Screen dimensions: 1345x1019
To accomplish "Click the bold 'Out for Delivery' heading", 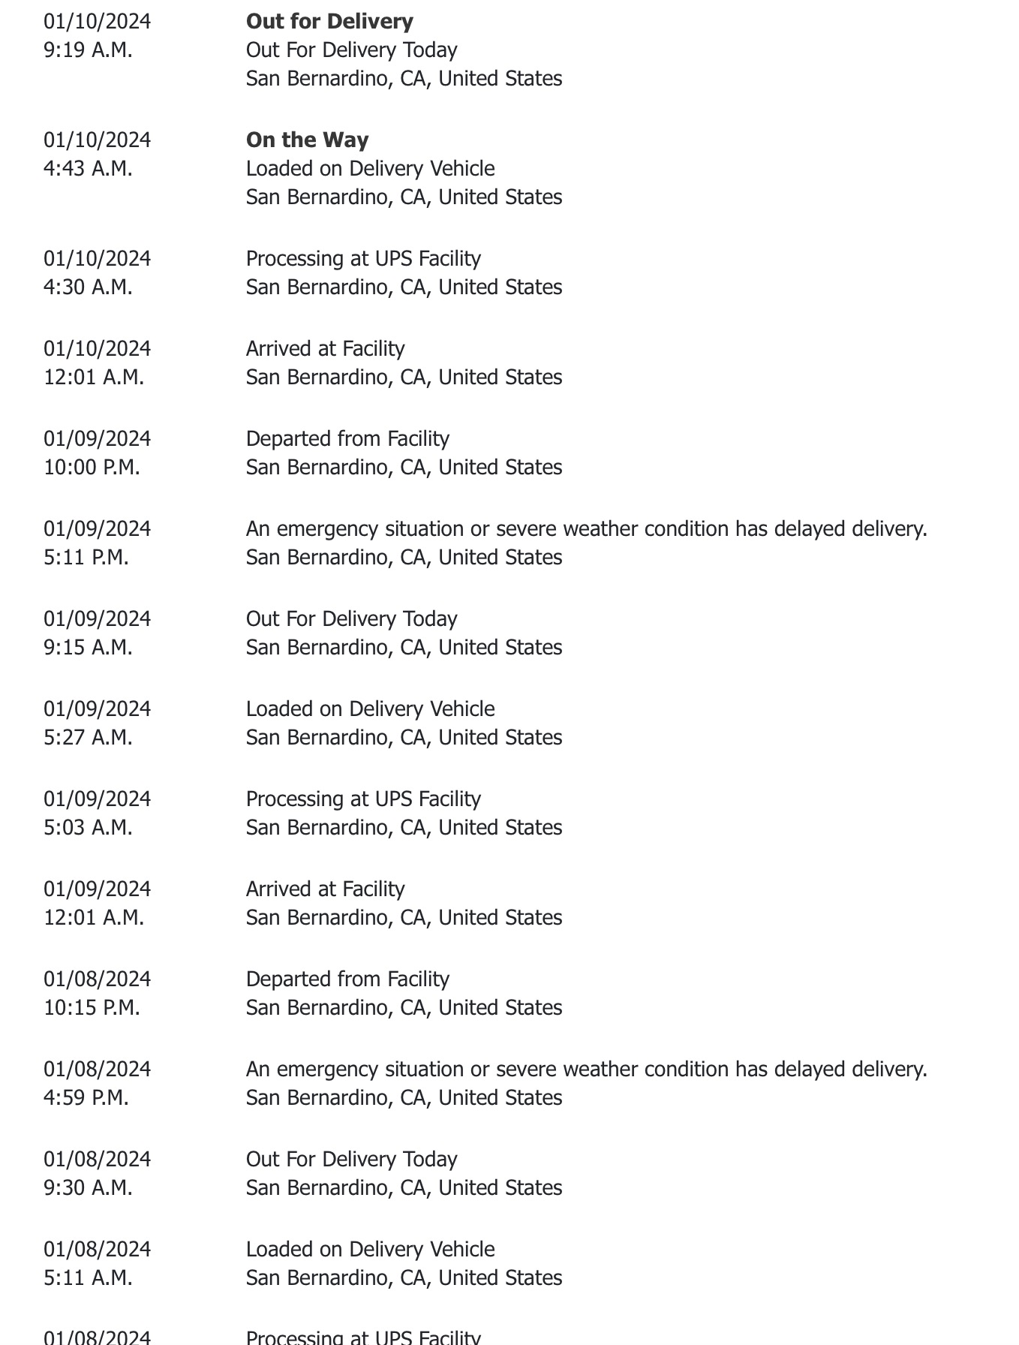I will tap(329, 21).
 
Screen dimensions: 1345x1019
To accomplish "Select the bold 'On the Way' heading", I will tap(307, 140).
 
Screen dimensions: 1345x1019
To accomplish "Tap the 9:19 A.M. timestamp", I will tap(88, 50).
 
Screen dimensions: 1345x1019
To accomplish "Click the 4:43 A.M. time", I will tap(88, 168).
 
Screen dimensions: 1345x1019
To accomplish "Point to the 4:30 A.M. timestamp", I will tap(88, 287).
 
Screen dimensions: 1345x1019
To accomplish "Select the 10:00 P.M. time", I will tap(92, 467).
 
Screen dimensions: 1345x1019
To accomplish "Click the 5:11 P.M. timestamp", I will tap(86, 557).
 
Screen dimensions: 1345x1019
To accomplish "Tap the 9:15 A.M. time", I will tap(88, 647).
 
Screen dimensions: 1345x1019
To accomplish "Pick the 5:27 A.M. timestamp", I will tap(88, 737).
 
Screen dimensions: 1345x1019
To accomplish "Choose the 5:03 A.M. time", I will tap(88, 827).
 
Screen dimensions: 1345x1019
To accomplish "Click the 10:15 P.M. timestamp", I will tap(92, 1007).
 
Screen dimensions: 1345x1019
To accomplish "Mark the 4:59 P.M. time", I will tap(86, 1097).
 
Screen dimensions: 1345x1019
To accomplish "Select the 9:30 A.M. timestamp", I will tap(88, 1187).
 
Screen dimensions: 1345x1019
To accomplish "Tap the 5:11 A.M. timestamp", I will tap(88, 1277).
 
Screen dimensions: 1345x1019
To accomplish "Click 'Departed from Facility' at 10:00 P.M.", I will tap(347, 438).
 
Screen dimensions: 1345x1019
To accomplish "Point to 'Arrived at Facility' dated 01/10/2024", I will tap(325, 348).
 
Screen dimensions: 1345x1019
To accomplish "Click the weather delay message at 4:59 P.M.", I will tap(586, 1069).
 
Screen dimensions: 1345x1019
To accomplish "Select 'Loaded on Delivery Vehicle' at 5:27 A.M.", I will tap(370, 709).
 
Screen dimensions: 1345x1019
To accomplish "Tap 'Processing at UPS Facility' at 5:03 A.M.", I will tap(363, 799).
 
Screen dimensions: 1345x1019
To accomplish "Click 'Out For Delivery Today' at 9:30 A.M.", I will tap(351, 1159).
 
